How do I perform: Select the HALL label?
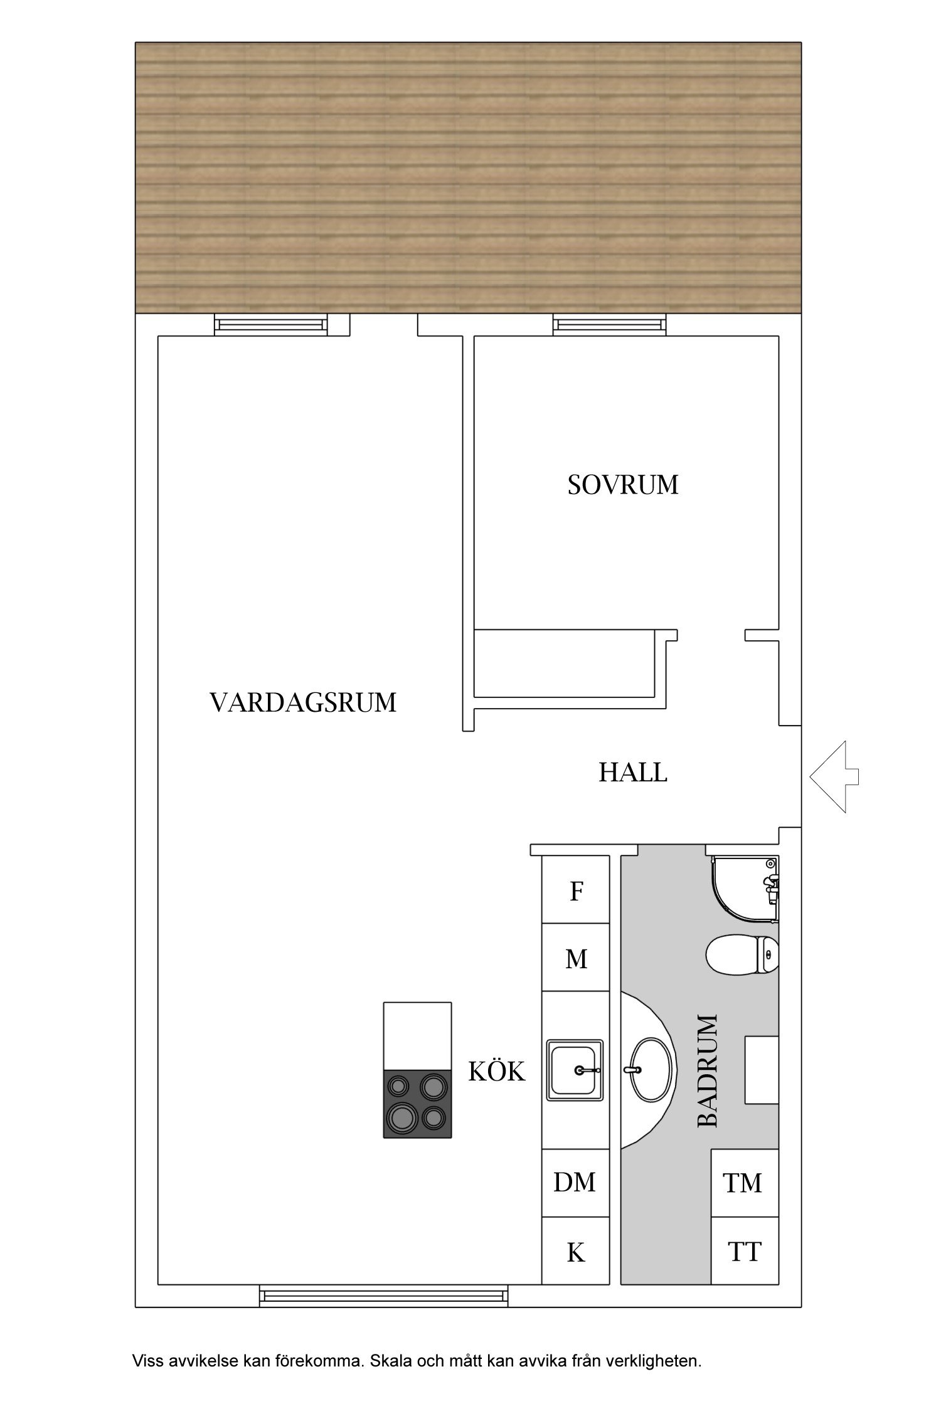tap(632, 772)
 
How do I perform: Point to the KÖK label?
tap(496, 1072)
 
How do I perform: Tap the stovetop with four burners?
tap(417, 1104)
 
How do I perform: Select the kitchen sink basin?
tap(575, 1070)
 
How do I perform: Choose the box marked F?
tap(576, 891)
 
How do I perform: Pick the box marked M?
tap(576, 959)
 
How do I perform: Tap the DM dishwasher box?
tap(575, 1182)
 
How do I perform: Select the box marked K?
tap(575, 1252)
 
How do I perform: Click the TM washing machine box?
tap(743, 1183)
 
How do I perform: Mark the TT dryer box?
tap(744, 1252)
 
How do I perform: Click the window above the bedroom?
tap(609, 325)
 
